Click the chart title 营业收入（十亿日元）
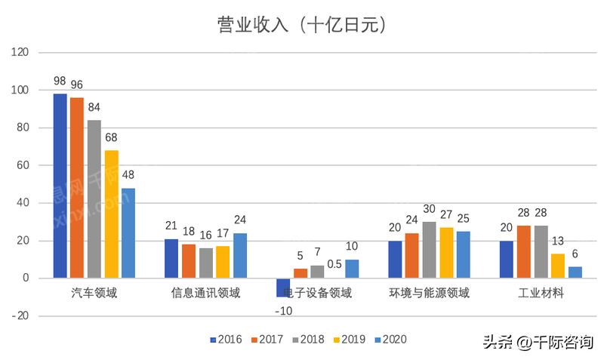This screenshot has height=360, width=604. [302, 25]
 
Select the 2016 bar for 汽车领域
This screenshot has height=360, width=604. [60, 186]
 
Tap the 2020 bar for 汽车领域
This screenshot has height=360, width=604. [128, 232]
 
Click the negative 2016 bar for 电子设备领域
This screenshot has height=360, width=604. [283, 288]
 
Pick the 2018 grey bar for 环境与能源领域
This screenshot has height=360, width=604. [429, 250]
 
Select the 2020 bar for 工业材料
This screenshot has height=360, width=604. [575, 272]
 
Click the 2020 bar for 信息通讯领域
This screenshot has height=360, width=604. [239, 255]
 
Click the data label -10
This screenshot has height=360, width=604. [283, 311]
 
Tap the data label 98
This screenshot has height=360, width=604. [60, 81]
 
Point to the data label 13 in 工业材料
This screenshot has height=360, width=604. [559, 241]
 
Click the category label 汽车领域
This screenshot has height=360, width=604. [94, 293]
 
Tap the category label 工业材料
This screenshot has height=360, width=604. [541, 293]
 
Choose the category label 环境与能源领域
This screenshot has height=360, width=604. [430, 293]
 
